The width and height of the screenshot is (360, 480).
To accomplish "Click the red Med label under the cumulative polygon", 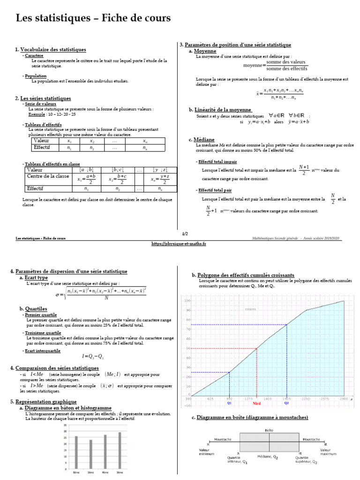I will pyautogui.click(x=256, y=403).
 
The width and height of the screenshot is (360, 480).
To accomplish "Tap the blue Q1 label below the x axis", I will pyautogui.click(x=229, y=403).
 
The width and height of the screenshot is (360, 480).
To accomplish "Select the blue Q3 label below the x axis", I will pyautogui.click(x=286, y=403).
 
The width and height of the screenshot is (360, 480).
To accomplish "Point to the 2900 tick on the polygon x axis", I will pyautogui.click(x=344, y=398).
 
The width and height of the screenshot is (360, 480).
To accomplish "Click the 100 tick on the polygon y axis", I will pyautogui.click(x=187, y=300).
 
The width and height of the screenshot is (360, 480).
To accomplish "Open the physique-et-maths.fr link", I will pyautogui.click(x=179, y=244).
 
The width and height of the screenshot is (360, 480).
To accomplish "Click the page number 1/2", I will pyautogui.click(x=184, y=233).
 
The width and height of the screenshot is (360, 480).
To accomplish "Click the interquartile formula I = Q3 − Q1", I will pyautogui.click(x=92, y=356).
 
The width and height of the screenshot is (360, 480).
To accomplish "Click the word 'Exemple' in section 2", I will pyautogui.click(x=37, y=114).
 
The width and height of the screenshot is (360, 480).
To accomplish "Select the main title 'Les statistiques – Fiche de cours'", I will pyautogui.click(x=93, y=18).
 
